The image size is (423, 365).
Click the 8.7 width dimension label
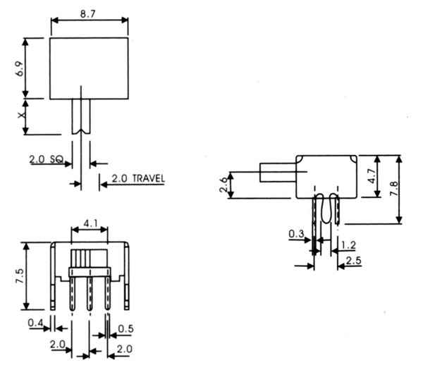point(88,14)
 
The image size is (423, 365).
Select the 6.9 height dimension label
point(20,69)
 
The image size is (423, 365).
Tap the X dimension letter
point(22,115)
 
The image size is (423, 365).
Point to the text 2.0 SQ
point(46,159)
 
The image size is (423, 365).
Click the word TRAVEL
point(149,178)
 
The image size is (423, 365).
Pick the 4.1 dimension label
point(91,223)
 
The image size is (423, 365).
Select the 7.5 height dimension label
point(20,276)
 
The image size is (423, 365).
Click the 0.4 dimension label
point(35,323)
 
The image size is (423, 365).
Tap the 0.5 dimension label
point(125,328)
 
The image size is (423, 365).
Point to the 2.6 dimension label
point(223,185)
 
